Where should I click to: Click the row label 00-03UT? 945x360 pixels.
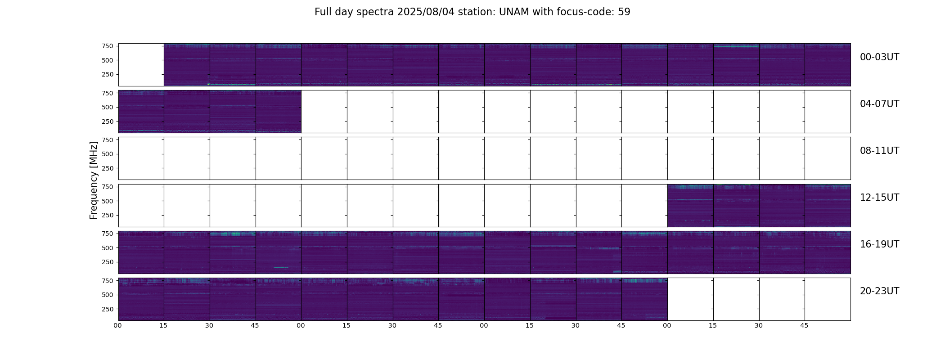point(879,57)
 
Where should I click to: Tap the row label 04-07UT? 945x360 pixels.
point(879,104)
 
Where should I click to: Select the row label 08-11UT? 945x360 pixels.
point(879,151)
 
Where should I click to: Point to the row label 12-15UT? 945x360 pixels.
point(879,198)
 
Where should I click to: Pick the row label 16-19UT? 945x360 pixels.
point(879,244)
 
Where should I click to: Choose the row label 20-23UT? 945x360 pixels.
point(879,291)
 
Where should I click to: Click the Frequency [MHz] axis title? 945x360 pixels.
point(94,180)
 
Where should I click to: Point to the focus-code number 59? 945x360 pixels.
point(624,12)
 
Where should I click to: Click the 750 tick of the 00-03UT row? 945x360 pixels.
point(108,46)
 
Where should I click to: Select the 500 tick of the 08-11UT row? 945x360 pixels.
point(108,154)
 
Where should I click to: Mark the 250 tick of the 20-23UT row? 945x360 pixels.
point(108,309)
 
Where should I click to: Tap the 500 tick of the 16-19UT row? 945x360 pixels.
point(108,248)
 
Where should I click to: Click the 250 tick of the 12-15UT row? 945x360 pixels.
point(108,215)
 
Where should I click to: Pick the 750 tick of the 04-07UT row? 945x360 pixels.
point(108,93)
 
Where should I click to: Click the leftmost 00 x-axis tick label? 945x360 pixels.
point(118,325)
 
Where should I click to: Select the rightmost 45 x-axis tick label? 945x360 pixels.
point(804,325)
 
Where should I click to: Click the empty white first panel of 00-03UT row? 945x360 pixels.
point(141,65)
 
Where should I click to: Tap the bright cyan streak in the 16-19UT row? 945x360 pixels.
point(281,268)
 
